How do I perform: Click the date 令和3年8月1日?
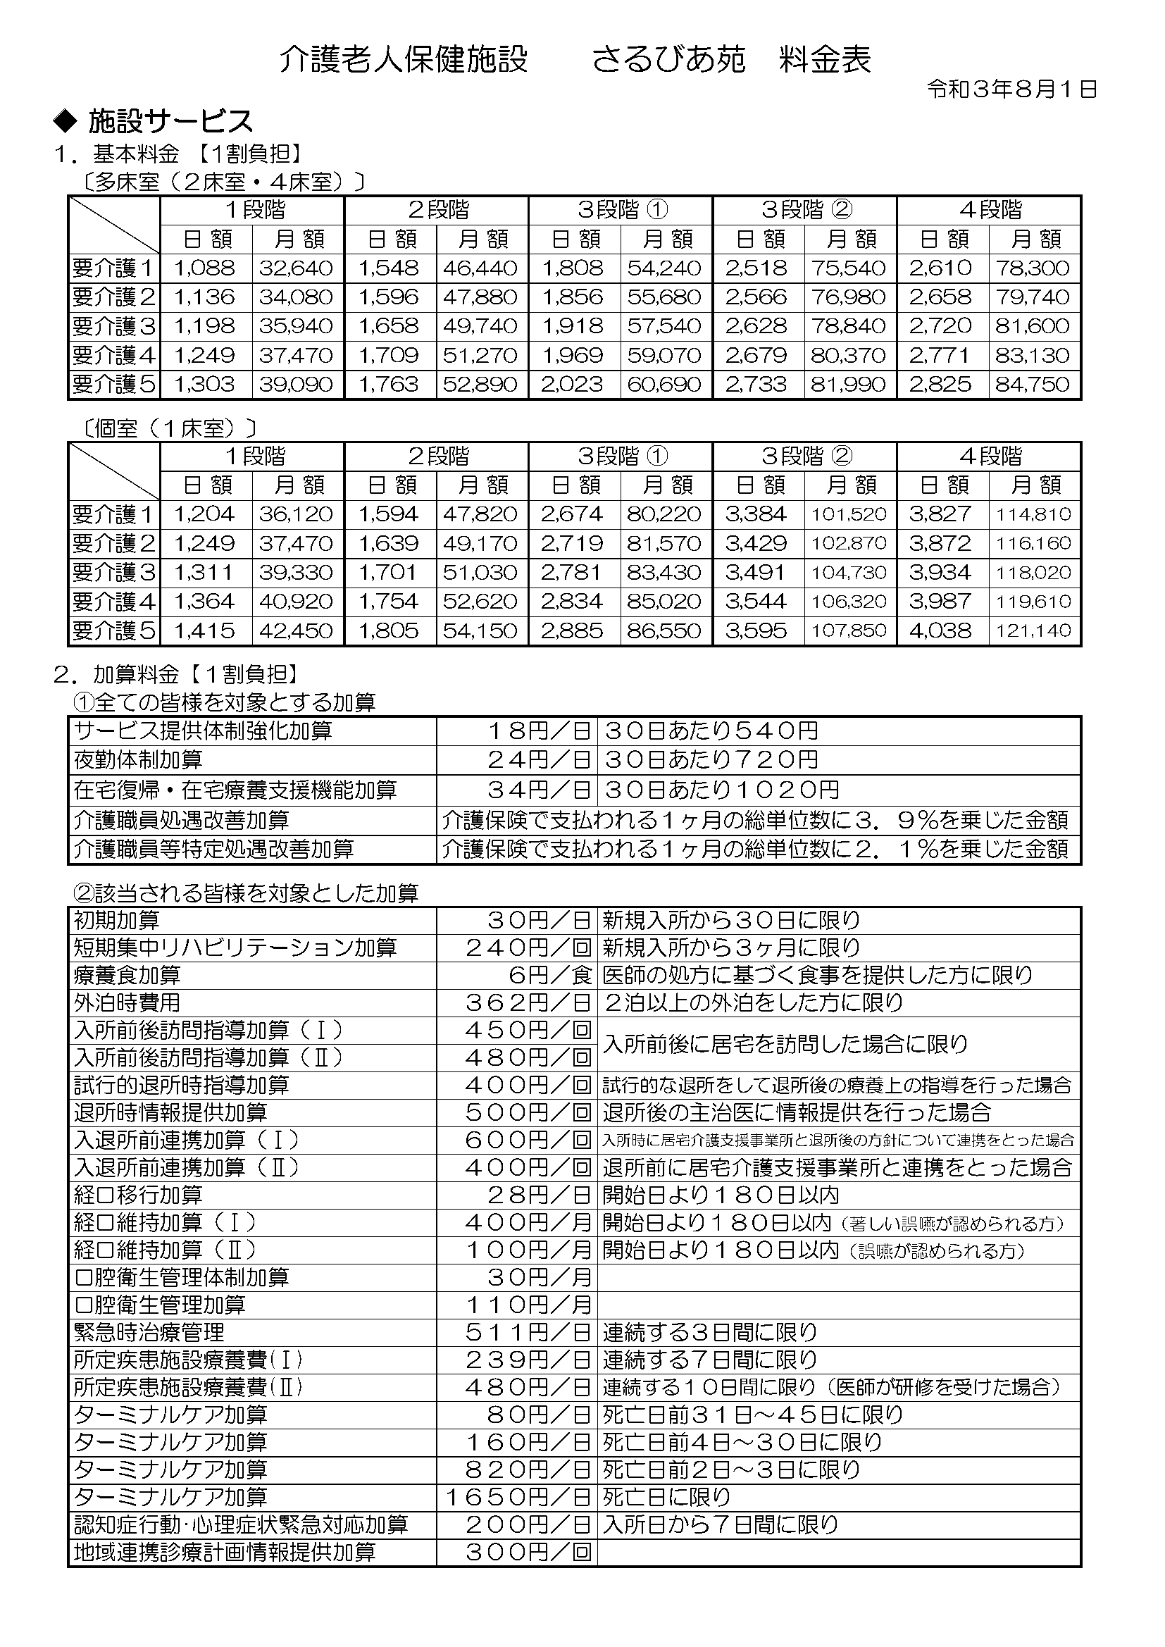click(1011, 89)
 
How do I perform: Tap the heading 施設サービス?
click(170, 122)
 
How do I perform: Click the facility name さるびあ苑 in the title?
click(669, 60)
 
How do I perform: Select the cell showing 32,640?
click(297, 268)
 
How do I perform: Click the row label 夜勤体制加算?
click(139, 760)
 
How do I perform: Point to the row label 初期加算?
click(117, 920)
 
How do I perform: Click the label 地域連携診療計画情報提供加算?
click(225, 1553)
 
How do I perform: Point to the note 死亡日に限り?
click(666, 1497)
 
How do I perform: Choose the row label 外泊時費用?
click(127, 1003)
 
